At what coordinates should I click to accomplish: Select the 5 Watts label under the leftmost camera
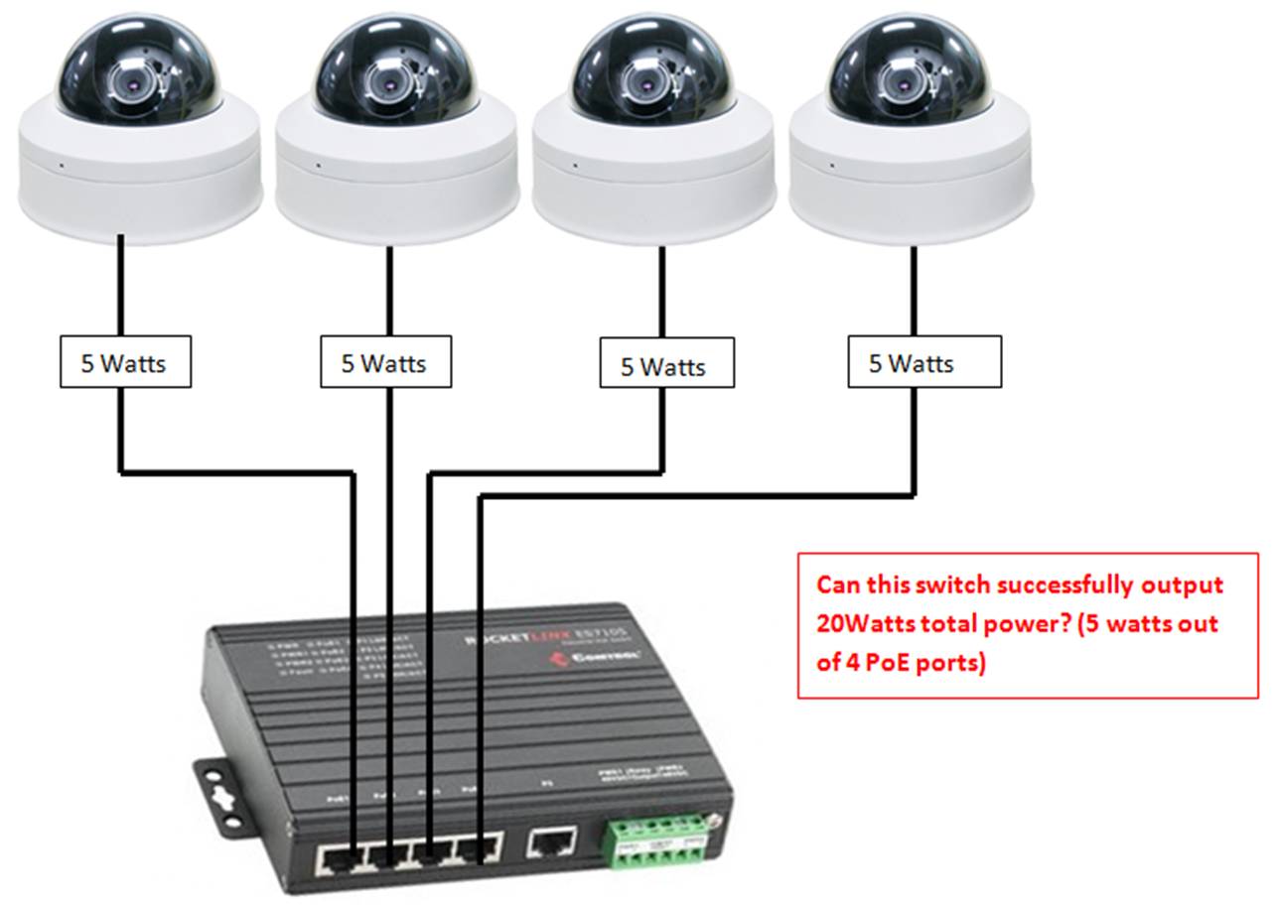click(122, 363)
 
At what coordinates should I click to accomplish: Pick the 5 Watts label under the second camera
click(384, 363)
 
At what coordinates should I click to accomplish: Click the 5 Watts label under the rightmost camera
click(912, 363)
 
